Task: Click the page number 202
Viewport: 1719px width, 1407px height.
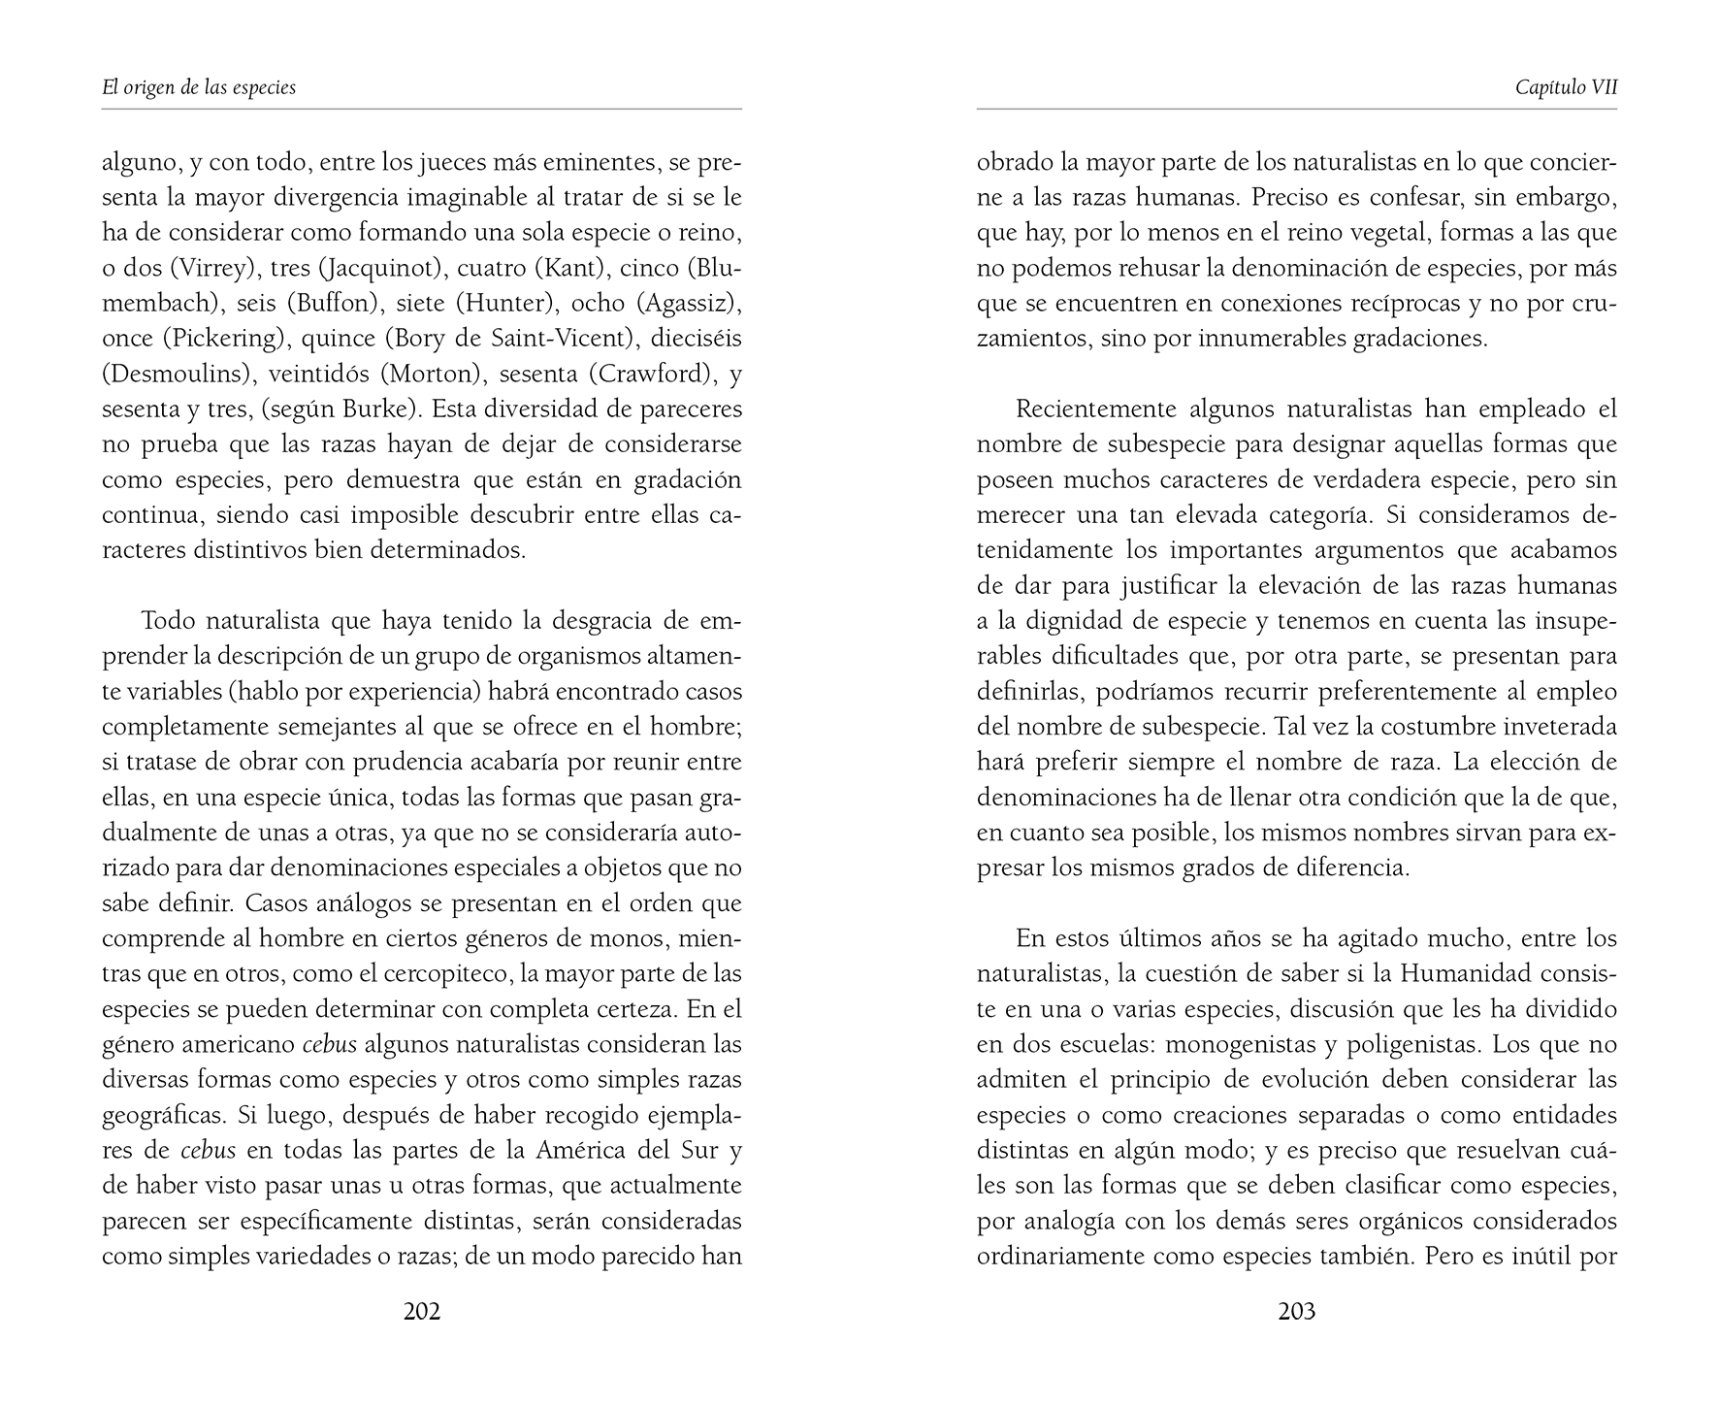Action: [x=422, y=1312]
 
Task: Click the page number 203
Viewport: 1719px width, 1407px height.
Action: [x=1297, y=1312]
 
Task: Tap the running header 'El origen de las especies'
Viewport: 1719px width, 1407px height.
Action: [x=199, y=87]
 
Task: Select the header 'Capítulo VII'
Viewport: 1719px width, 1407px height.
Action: [x=1566, y=87]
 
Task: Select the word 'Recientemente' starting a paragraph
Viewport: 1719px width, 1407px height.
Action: [x=1097, y=409]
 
